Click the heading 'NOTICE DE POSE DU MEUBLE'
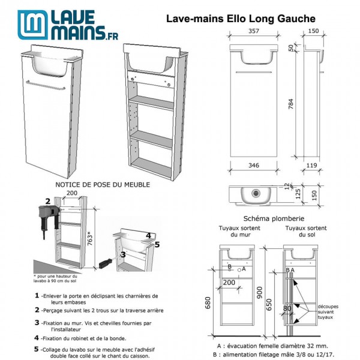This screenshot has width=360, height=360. pos(103,185)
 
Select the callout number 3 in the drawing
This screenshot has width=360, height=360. pos(122,254)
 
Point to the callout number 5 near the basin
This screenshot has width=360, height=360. pos(157,244)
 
